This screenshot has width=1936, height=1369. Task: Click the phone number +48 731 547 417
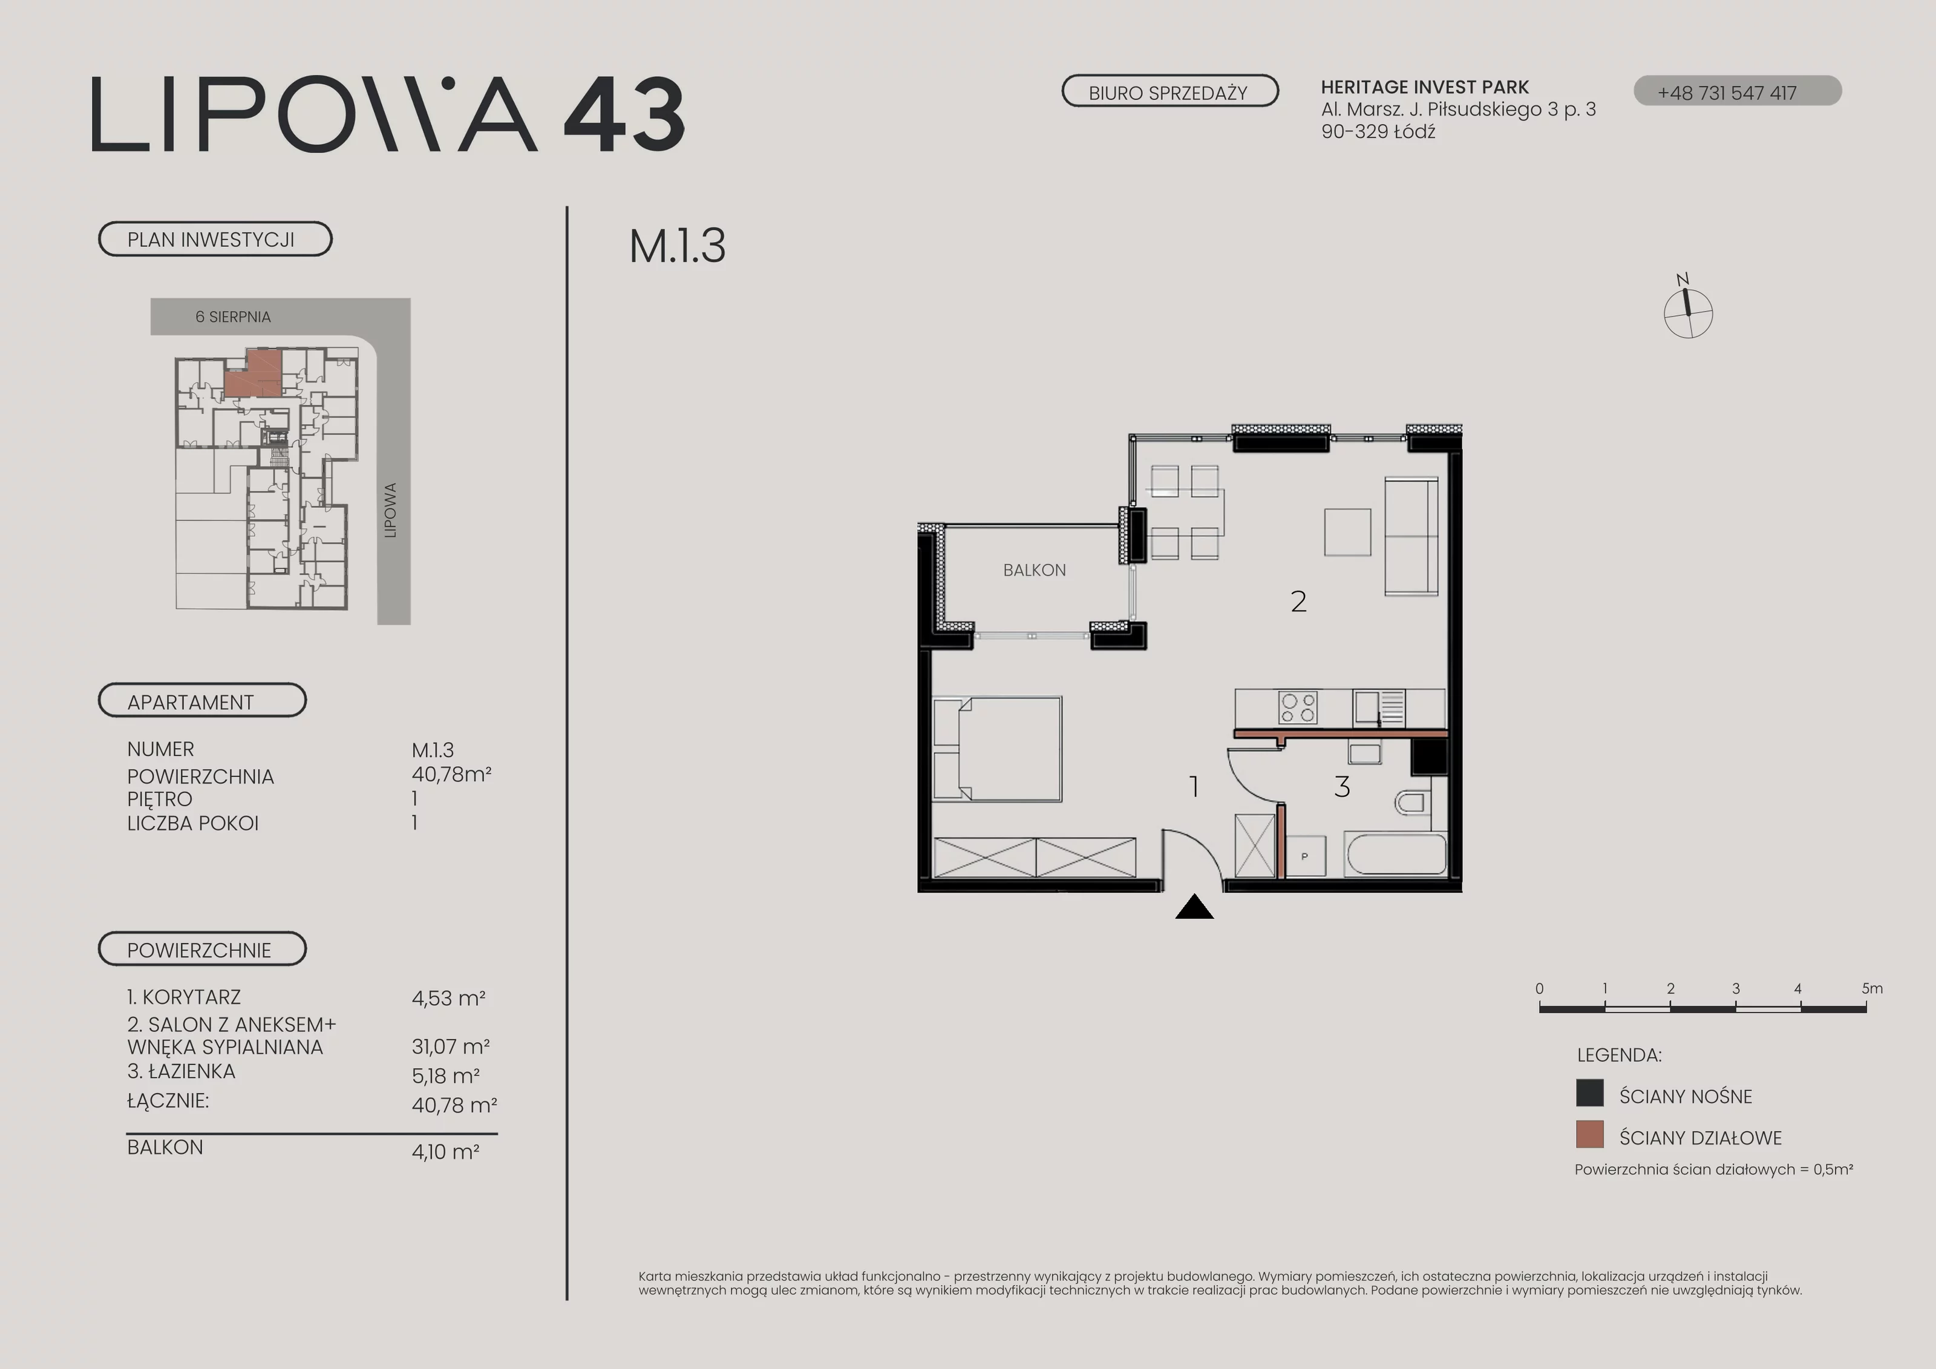click(x=1727, y=93)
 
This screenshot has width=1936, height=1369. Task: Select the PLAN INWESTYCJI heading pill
click(x=215, y=238)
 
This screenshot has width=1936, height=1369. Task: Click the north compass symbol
click(x=1687, y=309)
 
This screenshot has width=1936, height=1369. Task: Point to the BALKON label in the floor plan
click(x=1035, y=570)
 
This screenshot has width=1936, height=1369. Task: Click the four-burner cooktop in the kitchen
click(x=1298, y=707)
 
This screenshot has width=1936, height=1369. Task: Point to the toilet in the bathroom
click(x=1413, y=802)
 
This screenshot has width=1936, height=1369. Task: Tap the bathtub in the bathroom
click(x=1396, y=855)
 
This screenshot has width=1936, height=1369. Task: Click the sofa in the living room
click(x=1411, y=536)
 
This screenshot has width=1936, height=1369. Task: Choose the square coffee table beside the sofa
click(x=1347, y=532)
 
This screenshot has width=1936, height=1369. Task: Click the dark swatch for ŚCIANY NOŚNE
click(x=1589, y=1093)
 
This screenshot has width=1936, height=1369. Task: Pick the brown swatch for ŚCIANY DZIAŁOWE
click(x=1589, y=1135)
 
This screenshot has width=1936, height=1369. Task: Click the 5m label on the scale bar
click(x=1872, y=988)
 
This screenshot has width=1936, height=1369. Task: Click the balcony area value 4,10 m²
click(x=445, y=1151)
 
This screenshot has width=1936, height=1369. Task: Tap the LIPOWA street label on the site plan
click(x=390, y=510)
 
